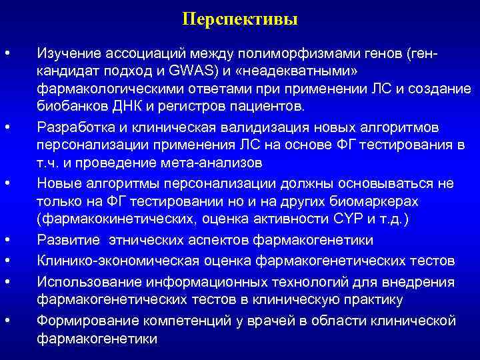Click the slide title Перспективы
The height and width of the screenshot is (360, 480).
239,19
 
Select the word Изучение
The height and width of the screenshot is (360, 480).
66,53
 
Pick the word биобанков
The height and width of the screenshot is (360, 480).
67,106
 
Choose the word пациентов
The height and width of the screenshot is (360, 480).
270,106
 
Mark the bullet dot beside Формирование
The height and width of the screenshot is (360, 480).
7,321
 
